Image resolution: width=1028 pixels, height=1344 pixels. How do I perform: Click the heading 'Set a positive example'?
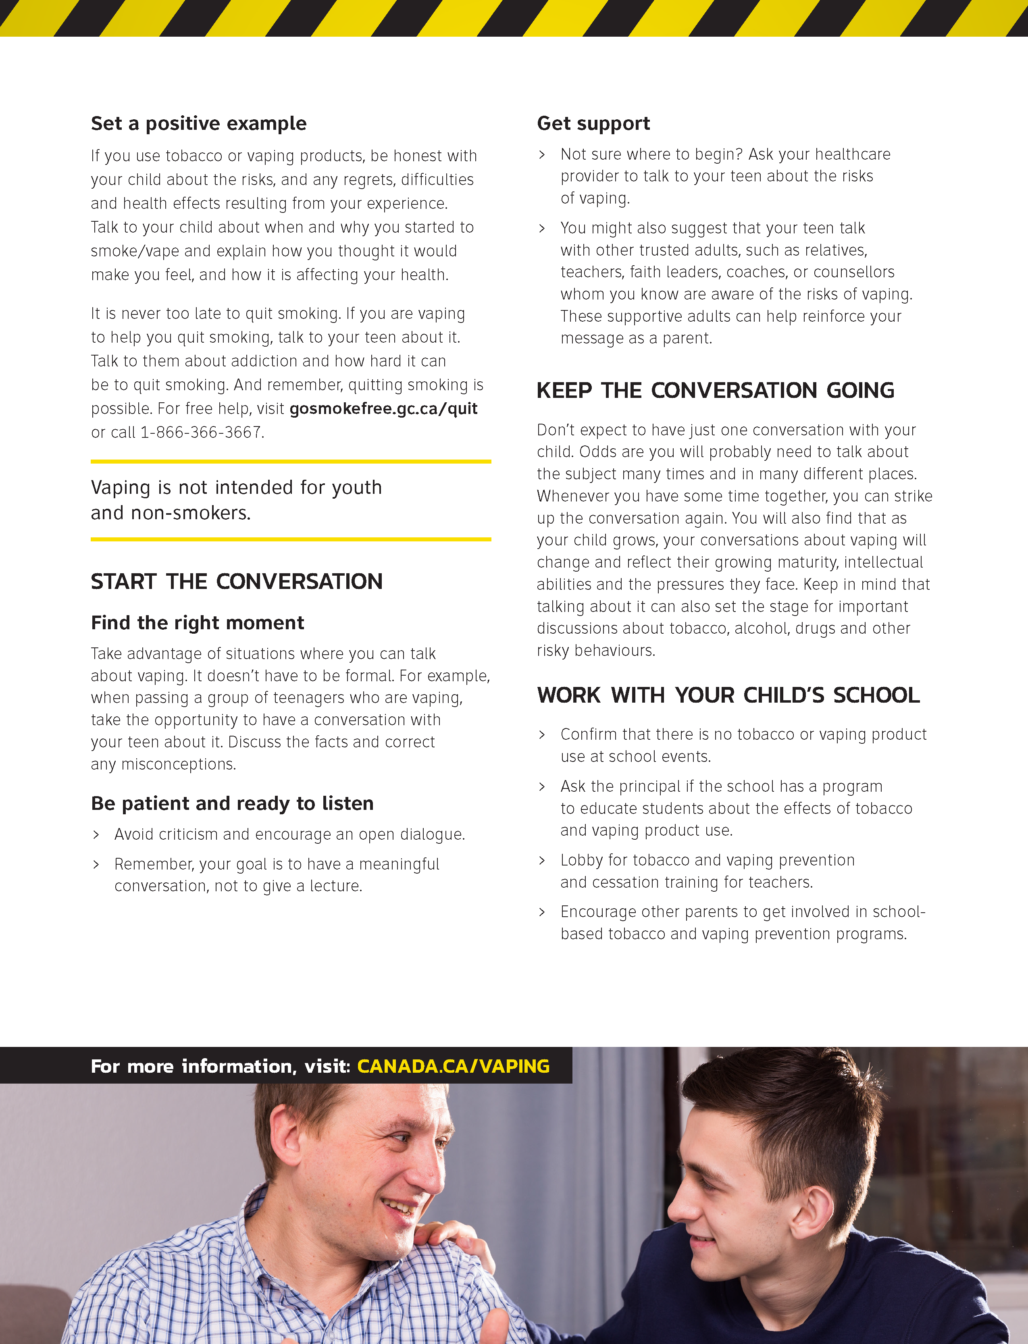point(198,124)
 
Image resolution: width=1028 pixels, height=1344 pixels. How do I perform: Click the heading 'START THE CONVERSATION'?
point(236,581)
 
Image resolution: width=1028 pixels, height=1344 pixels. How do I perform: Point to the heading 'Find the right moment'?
point(197,623)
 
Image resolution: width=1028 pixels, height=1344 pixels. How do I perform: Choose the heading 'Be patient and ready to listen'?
point(232,803)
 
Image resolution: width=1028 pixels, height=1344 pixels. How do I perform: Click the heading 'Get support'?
point(593,124)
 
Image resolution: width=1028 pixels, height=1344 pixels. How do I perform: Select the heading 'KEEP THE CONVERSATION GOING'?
point(715,390)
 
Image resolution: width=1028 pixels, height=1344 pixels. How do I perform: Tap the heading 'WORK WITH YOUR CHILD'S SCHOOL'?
point(728,695)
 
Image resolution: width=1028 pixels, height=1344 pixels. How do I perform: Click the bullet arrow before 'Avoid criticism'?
point(96,834)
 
